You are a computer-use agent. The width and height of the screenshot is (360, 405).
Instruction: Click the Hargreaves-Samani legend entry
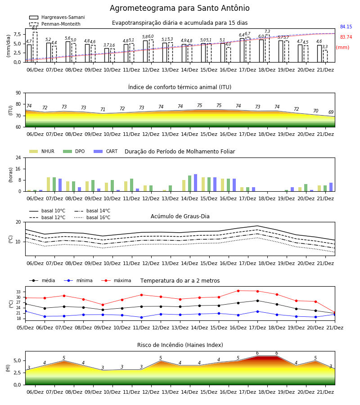coord(57,17)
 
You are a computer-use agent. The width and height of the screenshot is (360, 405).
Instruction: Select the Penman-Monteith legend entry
coord(55,24)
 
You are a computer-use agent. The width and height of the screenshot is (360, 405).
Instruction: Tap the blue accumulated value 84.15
coord(346,27)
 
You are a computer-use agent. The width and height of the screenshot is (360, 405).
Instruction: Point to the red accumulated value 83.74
coord(346,37)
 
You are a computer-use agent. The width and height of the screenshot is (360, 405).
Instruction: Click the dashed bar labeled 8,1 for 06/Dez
coord(35,47)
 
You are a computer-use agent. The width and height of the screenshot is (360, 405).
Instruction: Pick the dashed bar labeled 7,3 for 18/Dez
coord(267,49)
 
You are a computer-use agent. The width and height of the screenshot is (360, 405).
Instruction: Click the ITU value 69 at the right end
coord(331,112)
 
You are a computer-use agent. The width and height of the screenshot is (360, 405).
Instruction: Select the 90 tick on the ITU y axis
coord(18,93)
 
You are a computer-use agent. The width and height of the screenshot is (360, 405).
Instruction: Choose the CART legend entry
coord(106,151)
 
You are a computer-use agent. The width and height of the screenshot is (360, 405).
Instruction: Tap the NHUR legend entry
coord(42,151)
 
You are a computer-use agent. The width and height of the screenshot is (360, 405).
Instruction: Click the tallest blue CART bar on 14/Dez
coord(195,183)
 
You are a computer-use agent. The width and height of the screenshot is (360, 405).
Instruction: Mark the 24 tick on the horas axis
coord(18,157)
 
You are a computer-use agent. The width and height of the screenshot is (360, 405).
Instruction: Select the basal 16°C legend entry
coord(92,217)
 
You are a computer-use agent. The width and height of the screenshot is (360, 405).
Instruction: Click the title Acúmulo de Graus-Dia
coord(180,216)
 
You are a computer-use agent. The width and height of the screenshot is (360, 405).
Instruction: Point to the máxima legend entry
coord(116,280)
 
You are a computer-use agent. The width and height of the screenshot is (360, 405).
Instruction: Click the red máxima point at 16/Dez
coord(238,291)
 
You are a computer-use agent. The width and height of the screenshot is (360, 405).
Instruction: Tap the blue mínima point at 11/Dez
coord(141,317)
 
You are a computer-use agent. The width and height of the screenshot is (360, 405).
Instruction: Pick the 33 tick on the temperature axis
coord(18,292)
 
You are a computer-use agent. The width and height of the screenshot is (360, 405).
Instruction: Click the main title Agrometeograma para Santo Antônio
coord(180,8)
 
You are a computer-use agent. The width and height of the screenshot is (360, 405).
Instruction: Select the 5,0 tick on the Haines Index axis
coord(17,360)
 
